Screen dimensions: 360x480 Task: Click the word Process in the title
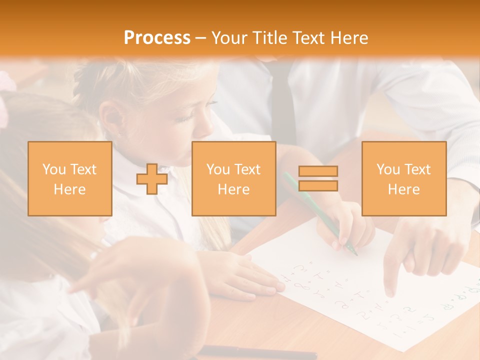[157, 38]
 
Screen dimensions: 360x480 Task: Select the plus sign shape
[152, 178]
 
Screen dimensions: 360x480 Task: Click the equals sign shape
[318, 178]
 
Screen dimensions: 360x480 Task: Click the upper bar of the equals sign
[318, 171]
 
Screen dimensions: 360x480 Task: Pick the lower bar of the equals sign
[318, 186]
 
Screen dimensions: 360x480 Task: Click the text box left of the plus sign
[69, 178]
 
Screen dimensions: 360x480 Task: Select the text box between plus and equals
[233, 178]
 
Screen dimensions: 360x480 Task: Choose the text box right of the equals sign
[403, 178]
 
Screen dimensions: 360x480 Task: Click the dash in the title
[201, 38]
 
